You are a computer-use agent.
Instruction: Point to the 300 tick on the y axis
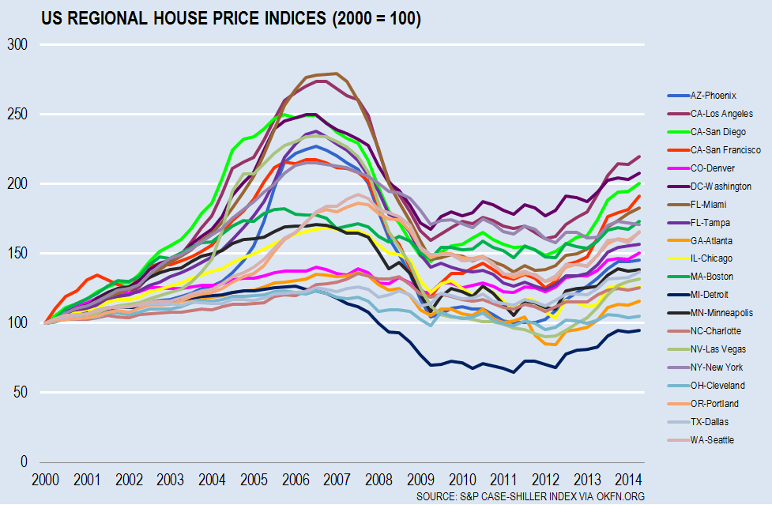point(17,45)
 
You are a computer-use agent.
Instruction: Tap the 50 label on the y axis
point(21,392)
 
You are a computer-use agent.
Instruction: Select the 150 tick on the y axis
point(17,254)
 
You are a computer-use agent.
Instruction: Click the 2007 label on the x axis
point(337,480)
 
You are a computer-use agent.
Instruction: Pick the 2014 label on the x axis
point(627,480)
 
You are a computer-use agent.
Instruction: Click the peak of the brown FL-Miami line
point(337,73)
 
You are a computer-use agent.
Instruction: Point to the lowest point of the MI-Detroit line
point(514,372)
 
